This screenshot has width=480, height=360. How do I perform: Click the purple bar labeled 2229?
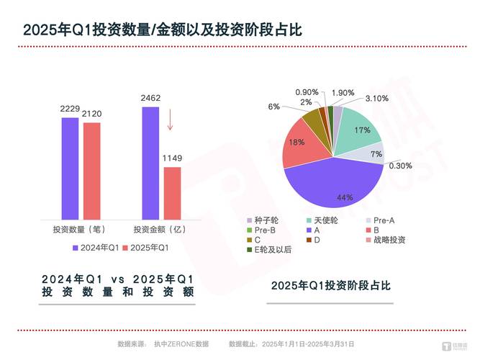[70, 168]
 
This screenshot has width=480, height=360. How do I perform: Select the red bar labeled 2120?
[91, 171]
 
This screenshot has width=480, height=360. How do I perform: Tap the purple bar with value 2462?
[150, 163]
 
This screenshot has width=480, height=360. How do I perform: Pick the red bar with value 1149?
[172, 193]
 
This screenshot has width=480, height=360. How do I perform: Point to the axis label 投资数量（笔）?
[80, 230]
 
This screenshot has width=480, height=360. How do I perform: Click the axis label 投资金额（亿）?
[159, 230]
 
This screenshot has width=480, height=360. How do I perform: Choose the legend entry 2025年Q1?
[148, 248]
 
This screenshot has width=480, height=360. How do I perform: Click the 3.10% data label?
[376, 98]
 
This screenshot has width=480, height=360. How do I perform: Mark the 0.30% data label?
[400, 165]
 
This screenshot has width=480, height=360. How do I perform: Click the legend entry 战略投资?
[388, 239]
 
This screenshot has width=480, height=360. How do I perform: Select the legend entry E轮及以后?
[273, 249]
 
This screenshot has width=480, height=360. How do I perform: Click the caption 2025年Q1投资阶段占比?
[330, 286]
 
